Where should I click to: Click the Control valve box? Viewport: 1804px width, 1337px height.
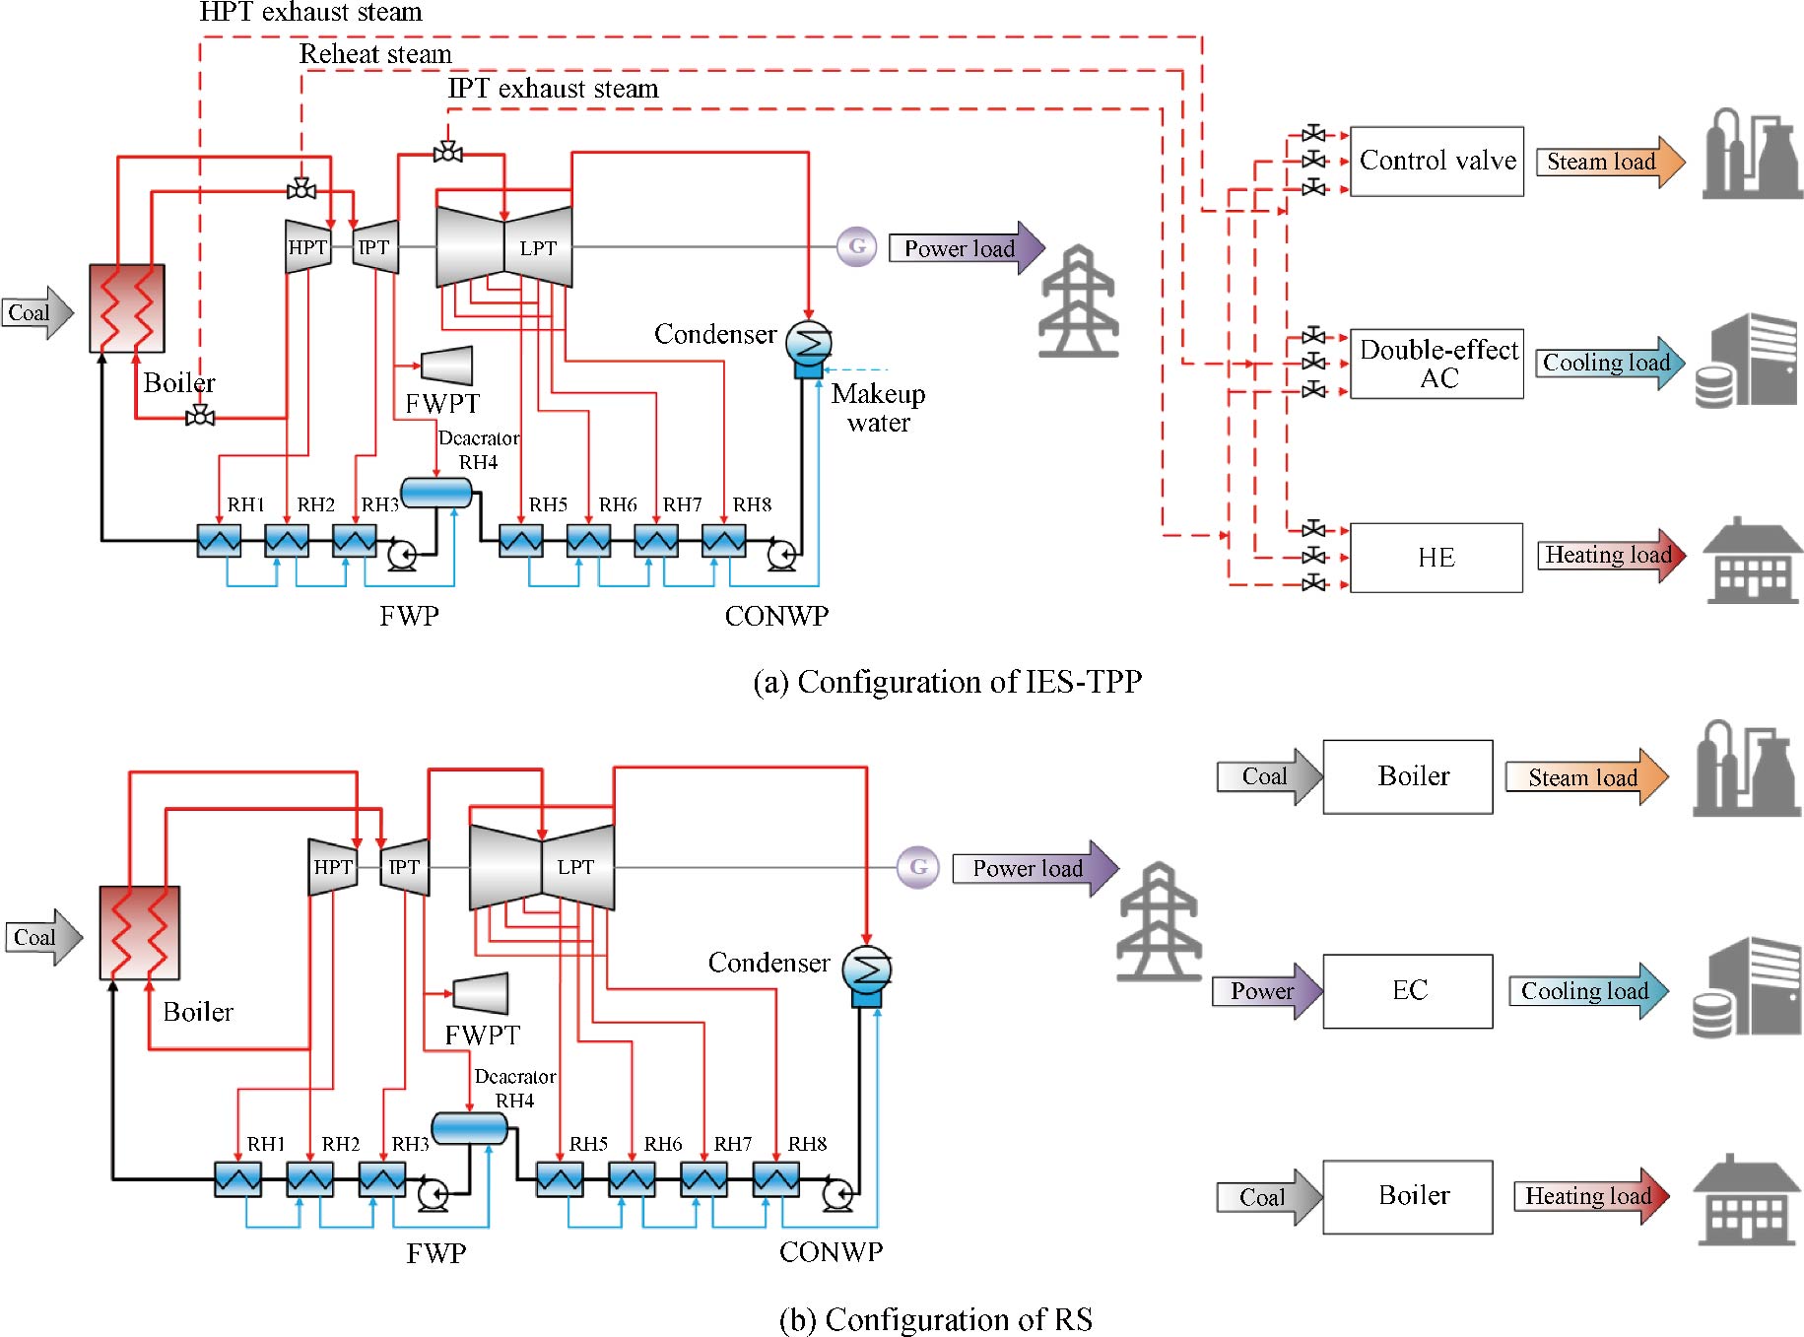[1436, 161]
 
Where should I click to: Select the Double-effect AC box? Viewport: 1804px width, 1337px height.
[1436, 364]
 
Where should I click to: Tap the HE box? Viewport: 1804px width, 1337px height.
[1436, 558]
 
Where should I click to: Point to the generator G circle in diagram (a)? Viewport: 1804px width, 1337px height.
[857, 246]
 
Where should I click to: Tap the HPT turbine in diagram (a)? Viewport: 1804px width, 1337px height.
[307, 247]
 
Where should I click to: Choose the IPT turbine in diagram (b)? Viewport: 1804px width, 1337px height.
[404, 867]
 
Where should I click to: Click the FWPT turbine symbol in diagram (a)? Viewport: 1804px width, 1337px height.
[447, 366]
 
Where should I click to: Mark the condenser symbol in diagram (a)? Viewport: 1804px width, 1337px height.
[809, 344]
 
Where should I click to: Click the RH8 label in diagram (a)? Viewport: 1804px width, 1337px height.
[752, 504]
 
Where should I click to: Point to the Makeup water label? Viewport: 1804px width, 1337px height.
[878, 408]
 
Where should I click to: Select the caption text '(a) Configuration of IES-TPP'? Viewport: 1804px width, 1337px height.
[947, 682]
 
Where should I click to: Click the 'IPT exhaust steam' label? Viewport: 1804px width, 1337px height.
[553, 89]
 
